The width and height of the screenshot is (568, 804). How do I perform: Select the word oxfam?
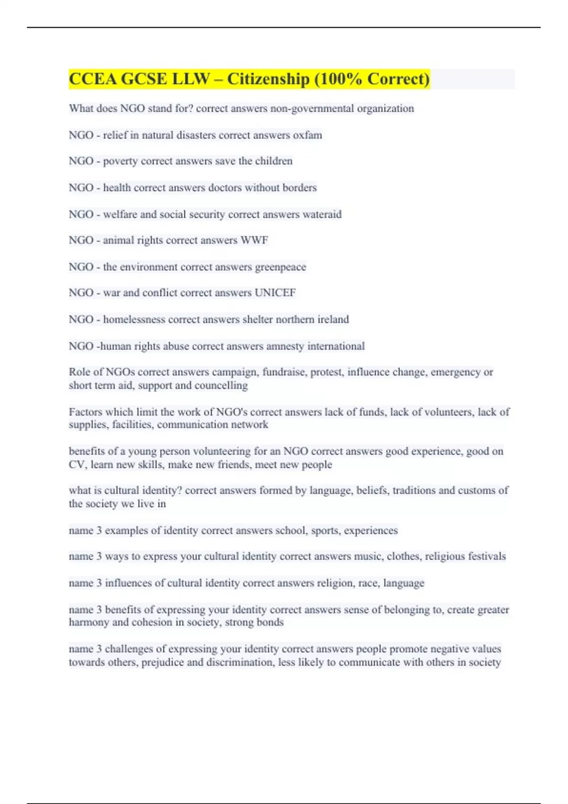pyautogui.click(x=307, y=135)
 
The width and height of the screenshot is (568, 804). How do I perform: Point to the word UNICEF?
pyautogui.click(x=275, y=293)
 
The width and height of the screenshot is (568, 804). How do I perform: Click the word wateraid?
pyautogui.click(x=322, y=214)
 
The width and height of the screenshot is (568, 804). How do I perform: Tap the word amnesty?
pyautogui.click(x=285, y=346)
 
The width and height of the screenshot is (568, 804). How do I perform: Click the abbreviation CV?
pyautogui.click(x=77, y=464)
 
